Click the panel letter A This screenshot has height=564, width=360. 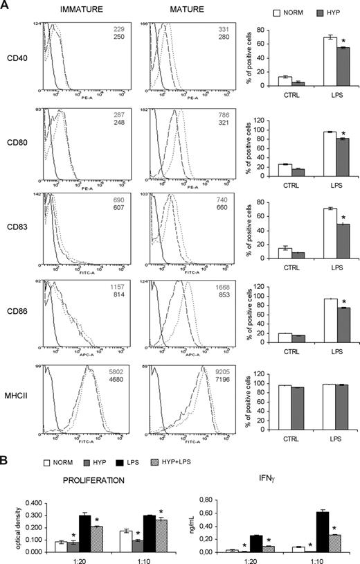[6, 7]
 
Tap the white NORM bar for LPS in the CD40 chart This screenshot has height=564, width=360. [331, 62]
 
